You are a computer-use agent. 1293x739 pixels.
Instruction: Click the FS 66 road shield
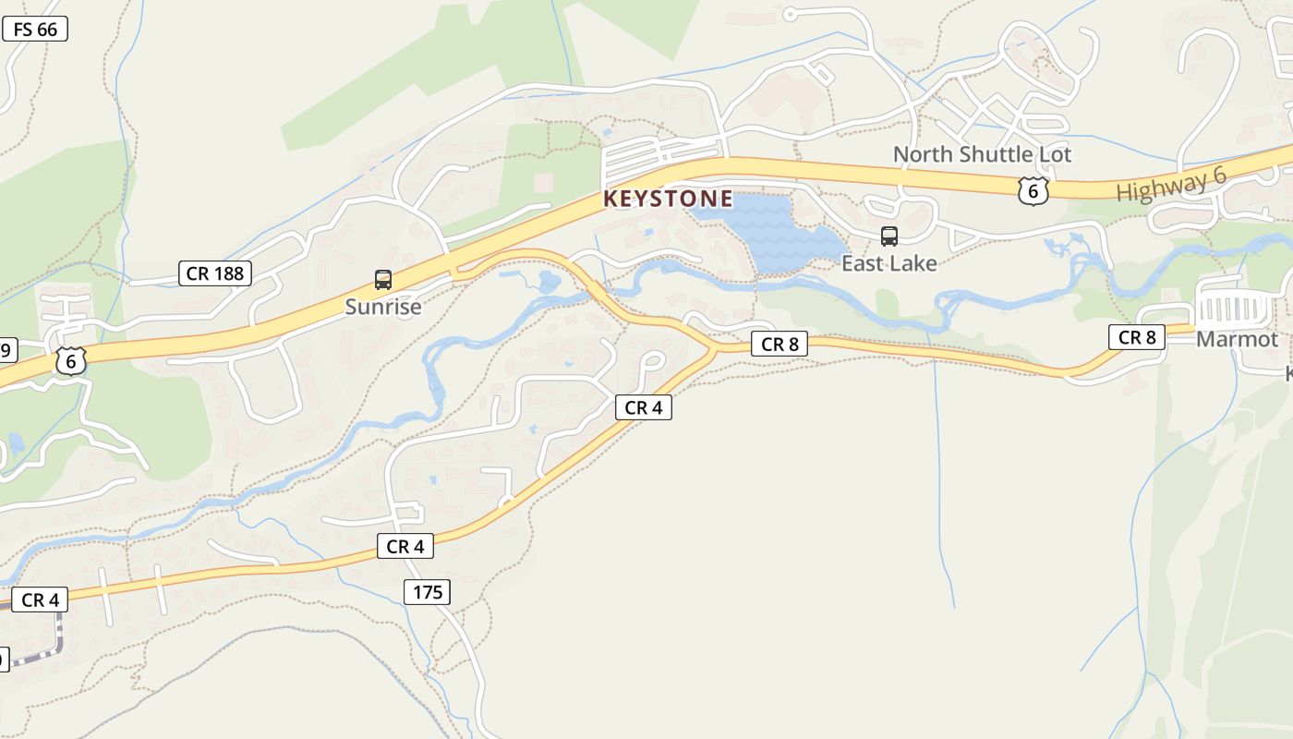click(35, 30)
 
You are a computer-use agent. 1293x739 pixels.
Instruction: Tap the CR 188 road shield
click(214, 273)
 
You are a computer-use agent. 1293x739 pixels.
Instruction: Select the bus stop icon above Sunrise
click(382, 280)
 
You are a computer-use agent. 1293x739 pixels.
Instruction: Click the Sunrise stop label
click(383, 307)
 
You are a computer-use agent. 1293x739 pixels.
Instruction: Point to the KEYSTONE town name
click(668, 199)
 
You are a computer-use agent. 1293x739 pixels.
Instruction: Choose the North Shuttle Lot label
click(982, 154)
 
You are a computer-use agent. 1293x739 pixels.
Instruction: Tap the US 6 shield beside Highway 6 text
click(1033, 191)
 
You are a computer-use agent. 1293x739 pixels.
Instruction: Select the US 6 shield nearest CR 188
click(71, 361)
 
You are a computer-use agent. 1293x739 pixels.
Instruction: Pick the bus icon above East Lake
click(888, 236)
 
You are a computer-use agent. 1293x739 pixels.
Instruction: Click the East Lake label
click(888, 263)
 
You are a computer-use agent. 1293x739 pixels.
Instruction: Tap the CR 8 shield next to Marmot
click(1137, 338)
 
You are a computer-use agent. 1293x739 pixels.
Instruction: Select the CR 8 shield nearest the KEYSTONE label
click(779, 345)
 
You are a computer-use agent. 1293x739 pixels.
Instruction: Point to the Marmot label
click(1237, 339)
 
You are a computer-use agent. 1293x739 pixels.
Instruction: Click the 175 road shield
click(428, 592)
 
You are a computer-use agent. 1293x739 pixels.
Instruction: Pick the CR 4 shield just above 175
click(405, 547)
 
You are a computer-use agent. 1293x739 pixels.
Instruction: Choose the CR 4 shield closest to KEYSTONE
click(644, 407)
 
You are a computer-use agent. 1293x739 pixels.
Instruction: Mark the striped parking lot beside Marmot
click(1233, 309)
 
